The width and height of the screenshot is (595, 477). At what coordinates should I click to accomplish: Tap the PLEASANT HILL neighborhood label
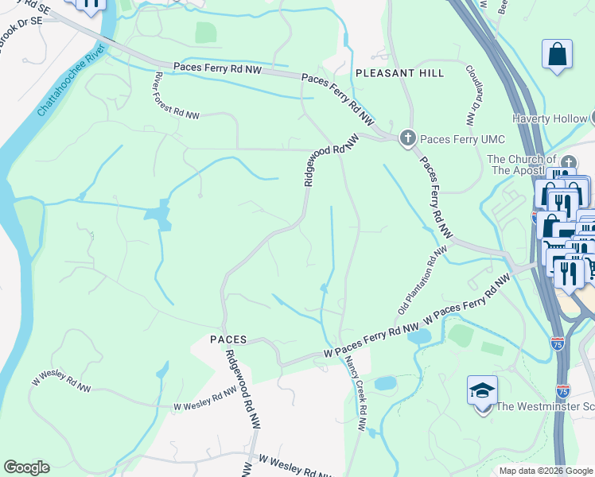(399, 73)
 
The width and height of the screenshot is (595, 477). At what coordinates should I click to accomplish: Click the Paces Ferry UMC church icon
(408, 139)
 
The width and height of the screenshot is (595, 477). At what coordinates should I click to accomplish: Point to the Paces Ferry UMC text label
(462, 140)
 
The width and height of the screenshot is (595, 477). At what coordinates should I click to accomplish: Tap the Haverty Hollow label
(549, 119)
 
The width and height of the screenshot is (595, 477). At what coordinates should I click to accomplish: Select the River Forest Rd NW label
(177, 97)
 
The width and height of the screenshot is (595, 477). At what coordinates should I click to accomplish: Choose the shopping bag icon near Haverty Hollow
(558, 55)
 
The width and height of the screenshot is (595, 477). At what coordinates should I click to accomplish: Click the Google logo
(26, 467)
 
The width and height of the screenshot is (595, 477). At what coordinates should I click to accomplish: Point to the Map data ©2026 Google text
(545, 471)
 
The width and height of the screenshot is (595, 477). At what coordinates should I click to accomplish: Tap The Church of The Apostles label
(525, 165)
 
